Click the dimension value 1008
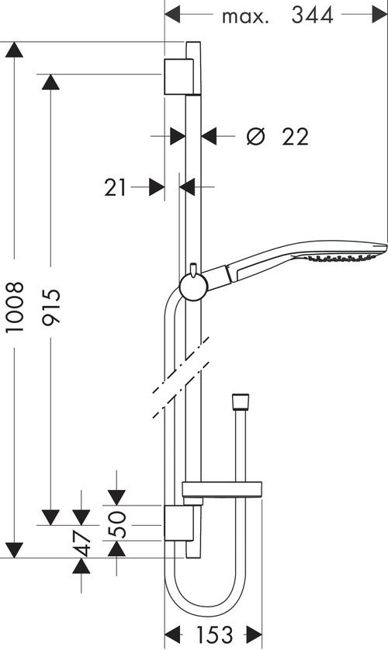(15, 308)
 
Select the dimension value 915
(51, 308)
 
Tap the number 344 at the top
(313, 15)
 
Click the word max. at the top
(244, 16)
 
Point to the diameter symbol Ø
(255, 137)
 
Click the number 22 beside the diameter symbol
(295, 137)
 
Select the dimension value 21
(116, 187)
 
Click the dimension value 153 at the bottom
(213, 634)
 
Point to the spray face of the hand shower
(345, 258)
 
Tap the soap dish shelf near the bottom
(220, 489)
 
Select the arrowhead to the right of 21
(156, 187)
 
